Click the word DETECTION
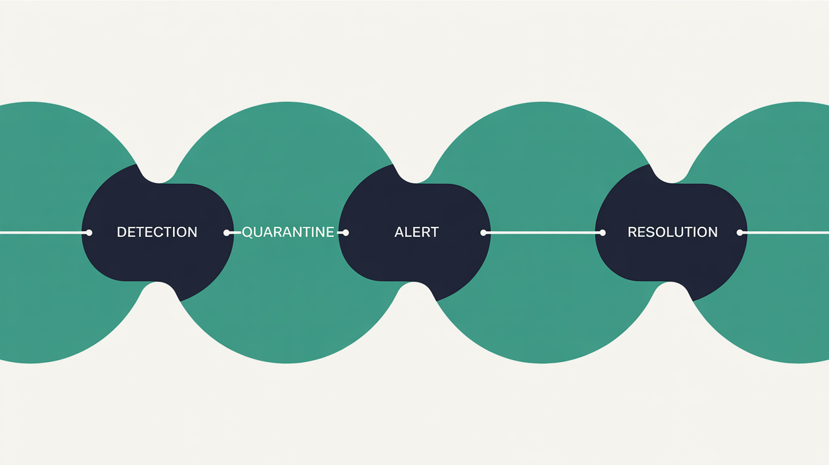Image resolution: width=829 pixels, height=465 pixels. [x=157, y=232]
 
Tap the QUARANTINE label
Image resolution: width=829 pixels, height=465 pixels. [x=288, y=232]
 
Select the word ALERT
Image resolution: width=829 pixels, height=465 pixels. [x=416, y=232]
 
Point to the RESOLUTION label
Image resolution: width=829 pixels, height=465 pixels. [x=672, y=232]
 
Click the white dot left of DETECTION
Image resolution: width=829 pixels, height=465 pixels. [x=89, y=232]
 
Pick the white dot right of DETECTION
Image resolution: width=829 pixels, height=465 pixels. [x=226, y=232]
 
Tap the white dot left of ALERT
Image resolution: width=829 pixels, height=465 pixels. [x=346, y=232]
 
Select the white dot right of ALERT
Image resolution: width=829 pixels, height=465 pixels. [x=483, y=232]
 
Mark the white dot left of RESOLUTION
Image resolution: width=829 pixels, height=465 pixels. [x=603, y=232]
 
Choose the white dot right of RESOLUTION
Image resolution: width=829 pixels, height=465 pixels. [x=740, y=232]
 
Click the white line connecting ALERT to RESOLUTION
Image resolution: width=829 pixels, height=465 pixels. [x=543, y=232]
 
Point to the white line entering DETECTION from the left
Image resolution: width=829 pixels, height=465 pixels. [x=44, y=232]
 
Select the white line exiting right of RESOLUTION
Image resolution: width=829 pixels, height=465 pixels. [x=785, y=232]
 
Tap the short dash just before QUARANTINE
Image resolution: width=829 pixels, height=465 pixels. [x=234, y=232]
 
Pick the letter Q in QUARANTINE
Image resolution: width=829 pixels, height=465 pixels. [x=247, y=232]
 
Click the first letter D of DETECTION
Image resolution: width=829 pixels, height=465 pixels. [x=121, y=232]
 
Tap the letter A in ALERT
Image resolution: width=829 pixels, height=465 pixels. [x=399, y=232]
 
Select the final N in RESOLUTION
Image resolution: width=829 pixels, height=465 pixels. [x=713, y=232]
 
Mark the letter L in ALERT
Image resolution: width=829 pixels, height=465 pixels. [x=409, y=232]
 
